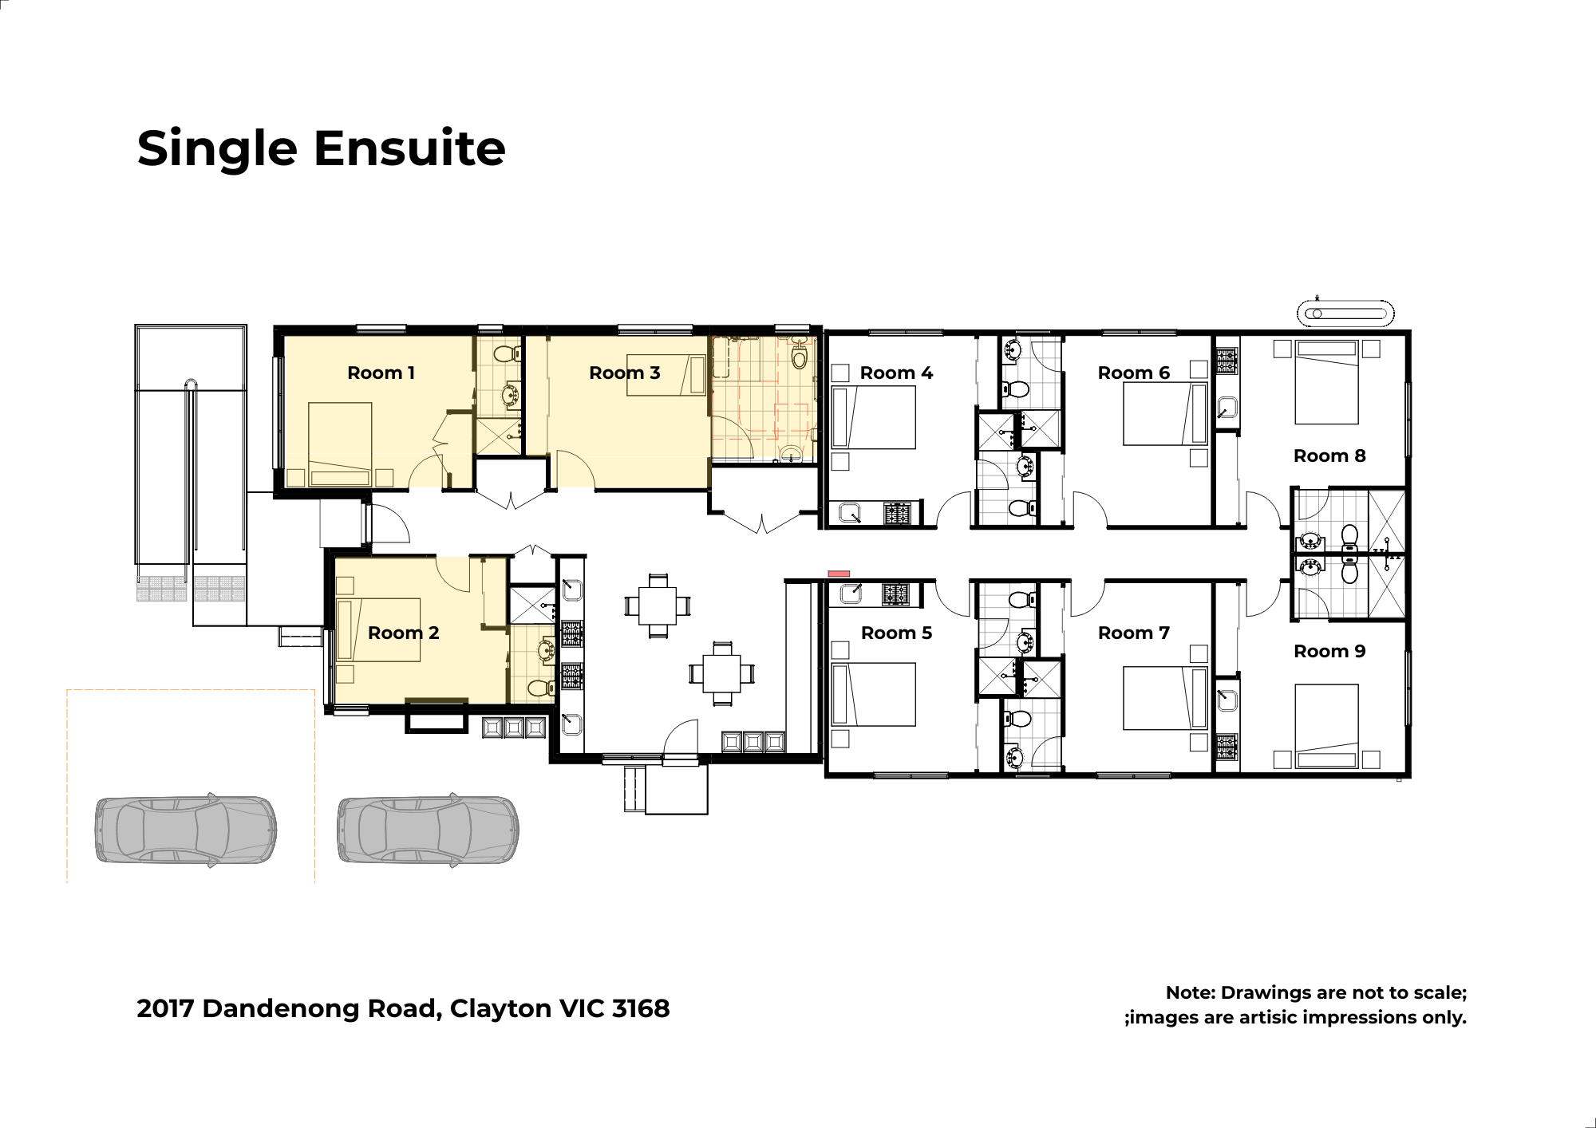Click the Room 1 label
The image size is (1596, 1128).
tap(381, 373)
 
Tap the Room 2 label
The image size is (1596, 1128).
tap(403, 633)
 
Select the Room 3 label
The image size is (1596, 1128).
tap(624, 373)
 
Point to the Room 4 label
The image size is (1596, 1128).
tap(896, 373)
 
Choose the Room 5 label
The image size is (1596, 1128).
tap(896, 633)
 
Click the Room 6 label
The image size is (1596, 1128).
tap(1133, 373)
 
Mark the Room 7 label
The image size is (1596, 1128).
tap(1133, 633)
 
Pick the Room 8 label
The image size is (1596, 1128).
tap(1329, 456)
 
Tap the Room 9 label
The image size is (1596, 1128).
tap(1329, 651)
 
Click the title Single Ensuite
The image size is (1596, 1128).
tap(321, 148)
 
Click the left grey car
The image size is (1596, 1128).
tap(186, 830)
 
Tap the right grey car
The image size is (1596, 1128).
tap(428, 830)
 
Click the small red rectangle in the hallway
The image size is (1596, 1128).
tap(839, 574)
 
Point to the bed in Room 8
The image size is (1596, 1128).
tap(1326, 382)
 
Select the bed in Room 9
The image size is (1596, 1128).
tap(1326, 726)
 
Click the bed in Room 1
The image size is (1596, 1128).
tap(340, 444)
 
